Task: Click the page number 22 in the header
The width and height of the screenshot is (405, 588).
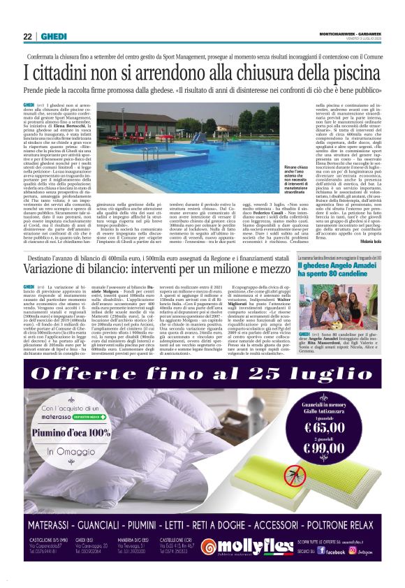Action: [x=27, y=36]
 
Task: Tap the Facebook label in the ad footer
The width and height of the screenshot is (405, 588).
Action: [x=335, y=551]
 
